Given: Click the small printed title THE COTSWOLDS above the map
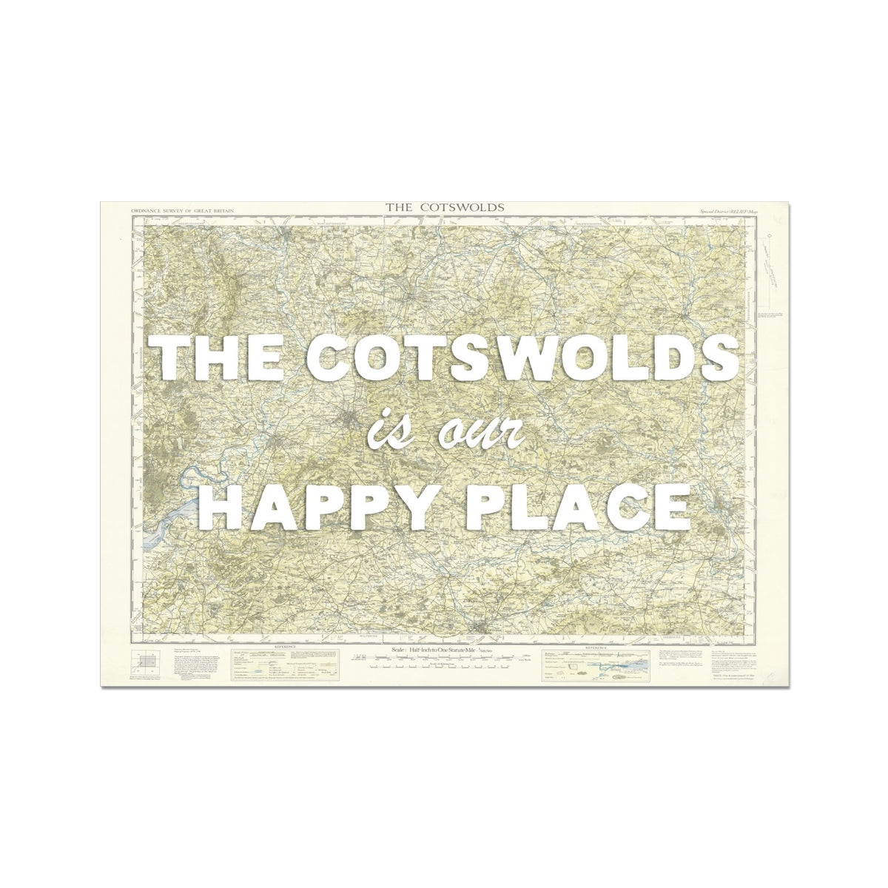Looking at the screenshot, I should (445, 206).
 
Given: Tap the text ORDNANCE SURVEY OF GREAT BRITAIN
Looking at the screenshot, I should (182, 211).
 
